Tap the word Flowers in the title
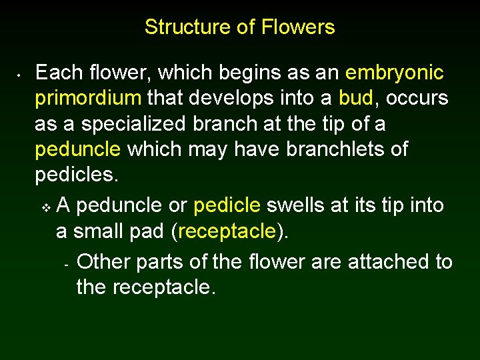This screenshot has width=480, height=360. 298,27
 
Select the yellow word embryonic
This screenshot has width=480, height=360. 395,73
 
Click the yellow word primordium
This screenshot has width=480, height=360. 88,99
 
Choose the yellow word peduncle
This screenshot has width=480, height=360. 78,150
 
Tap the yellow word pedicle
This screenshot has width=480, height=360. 226,205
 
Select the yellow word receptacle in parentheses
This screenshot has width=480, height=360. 227,231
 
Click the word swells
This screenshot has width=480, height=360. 295,205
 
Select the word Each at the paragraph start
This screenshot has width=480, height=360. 59,73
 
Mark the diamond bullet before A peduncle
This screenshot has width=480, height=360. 45,207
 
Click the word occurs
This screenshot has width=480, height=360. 417,99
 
